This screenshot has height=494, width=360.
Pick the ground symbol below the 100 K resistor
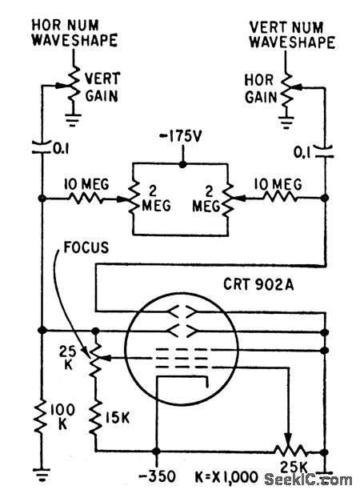pos(40,473)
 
